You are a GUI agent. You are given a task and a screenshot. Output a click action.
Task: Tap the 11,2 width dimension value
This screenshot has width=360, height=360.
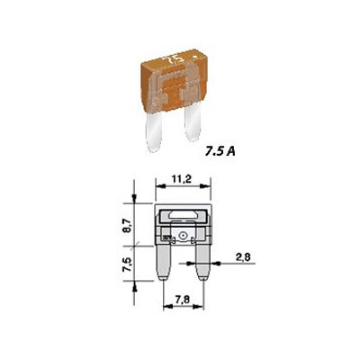pos(182,179)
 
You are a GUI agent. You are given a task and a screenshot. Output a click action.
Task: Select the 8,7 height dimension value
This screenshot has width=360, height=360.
pos(128,225)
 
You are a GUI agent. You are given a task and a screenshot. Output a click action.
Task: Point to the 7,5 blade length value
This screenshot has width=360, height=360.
pos(128,264)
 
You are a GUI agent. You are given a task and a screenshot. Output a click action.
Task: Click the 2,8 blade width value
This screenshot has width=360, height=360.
pos(243,257)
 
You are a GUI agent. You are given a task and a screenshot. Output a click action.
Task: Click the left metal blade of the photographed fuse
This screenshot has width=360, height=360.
pos(154,131)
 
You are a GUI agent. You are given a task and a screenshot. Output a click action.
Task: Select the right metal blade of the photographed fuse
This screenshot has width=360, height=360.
pos(193,123)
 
